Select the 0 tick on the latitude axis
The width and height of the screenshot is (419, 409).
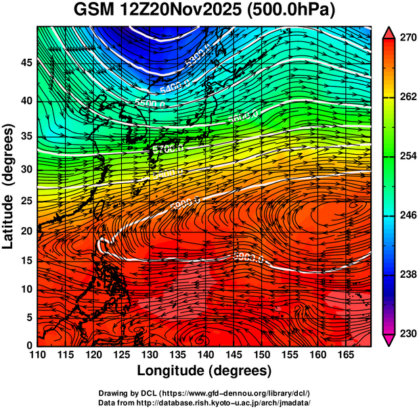[x=28, y=346]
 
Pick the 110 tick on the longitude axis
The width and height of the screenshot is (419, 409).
[x=37, y=356]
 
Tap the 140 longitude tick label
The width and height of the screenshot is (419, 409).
[x=206, y=356]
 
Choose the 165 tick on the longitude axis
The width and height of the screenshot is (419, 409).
[x=346, y=356]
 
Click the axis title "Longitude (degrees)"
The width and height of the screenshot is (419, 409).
[x=204, y=370]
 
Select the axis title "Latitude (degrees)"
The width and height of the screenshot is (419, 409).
[x=9, y=186]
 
